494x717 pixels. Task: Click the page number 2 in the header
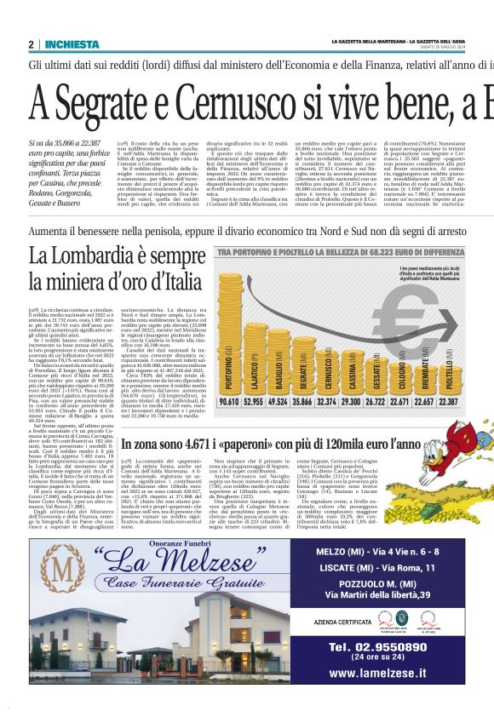click(x=32, y=44)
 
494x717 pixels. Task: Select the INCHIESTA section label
click(x=72, y=44)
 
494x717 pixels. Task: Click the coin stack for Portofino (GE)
click(x=231, y=341)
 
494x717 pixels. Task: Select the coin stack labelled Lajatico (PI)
click(x=255, y=349)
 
